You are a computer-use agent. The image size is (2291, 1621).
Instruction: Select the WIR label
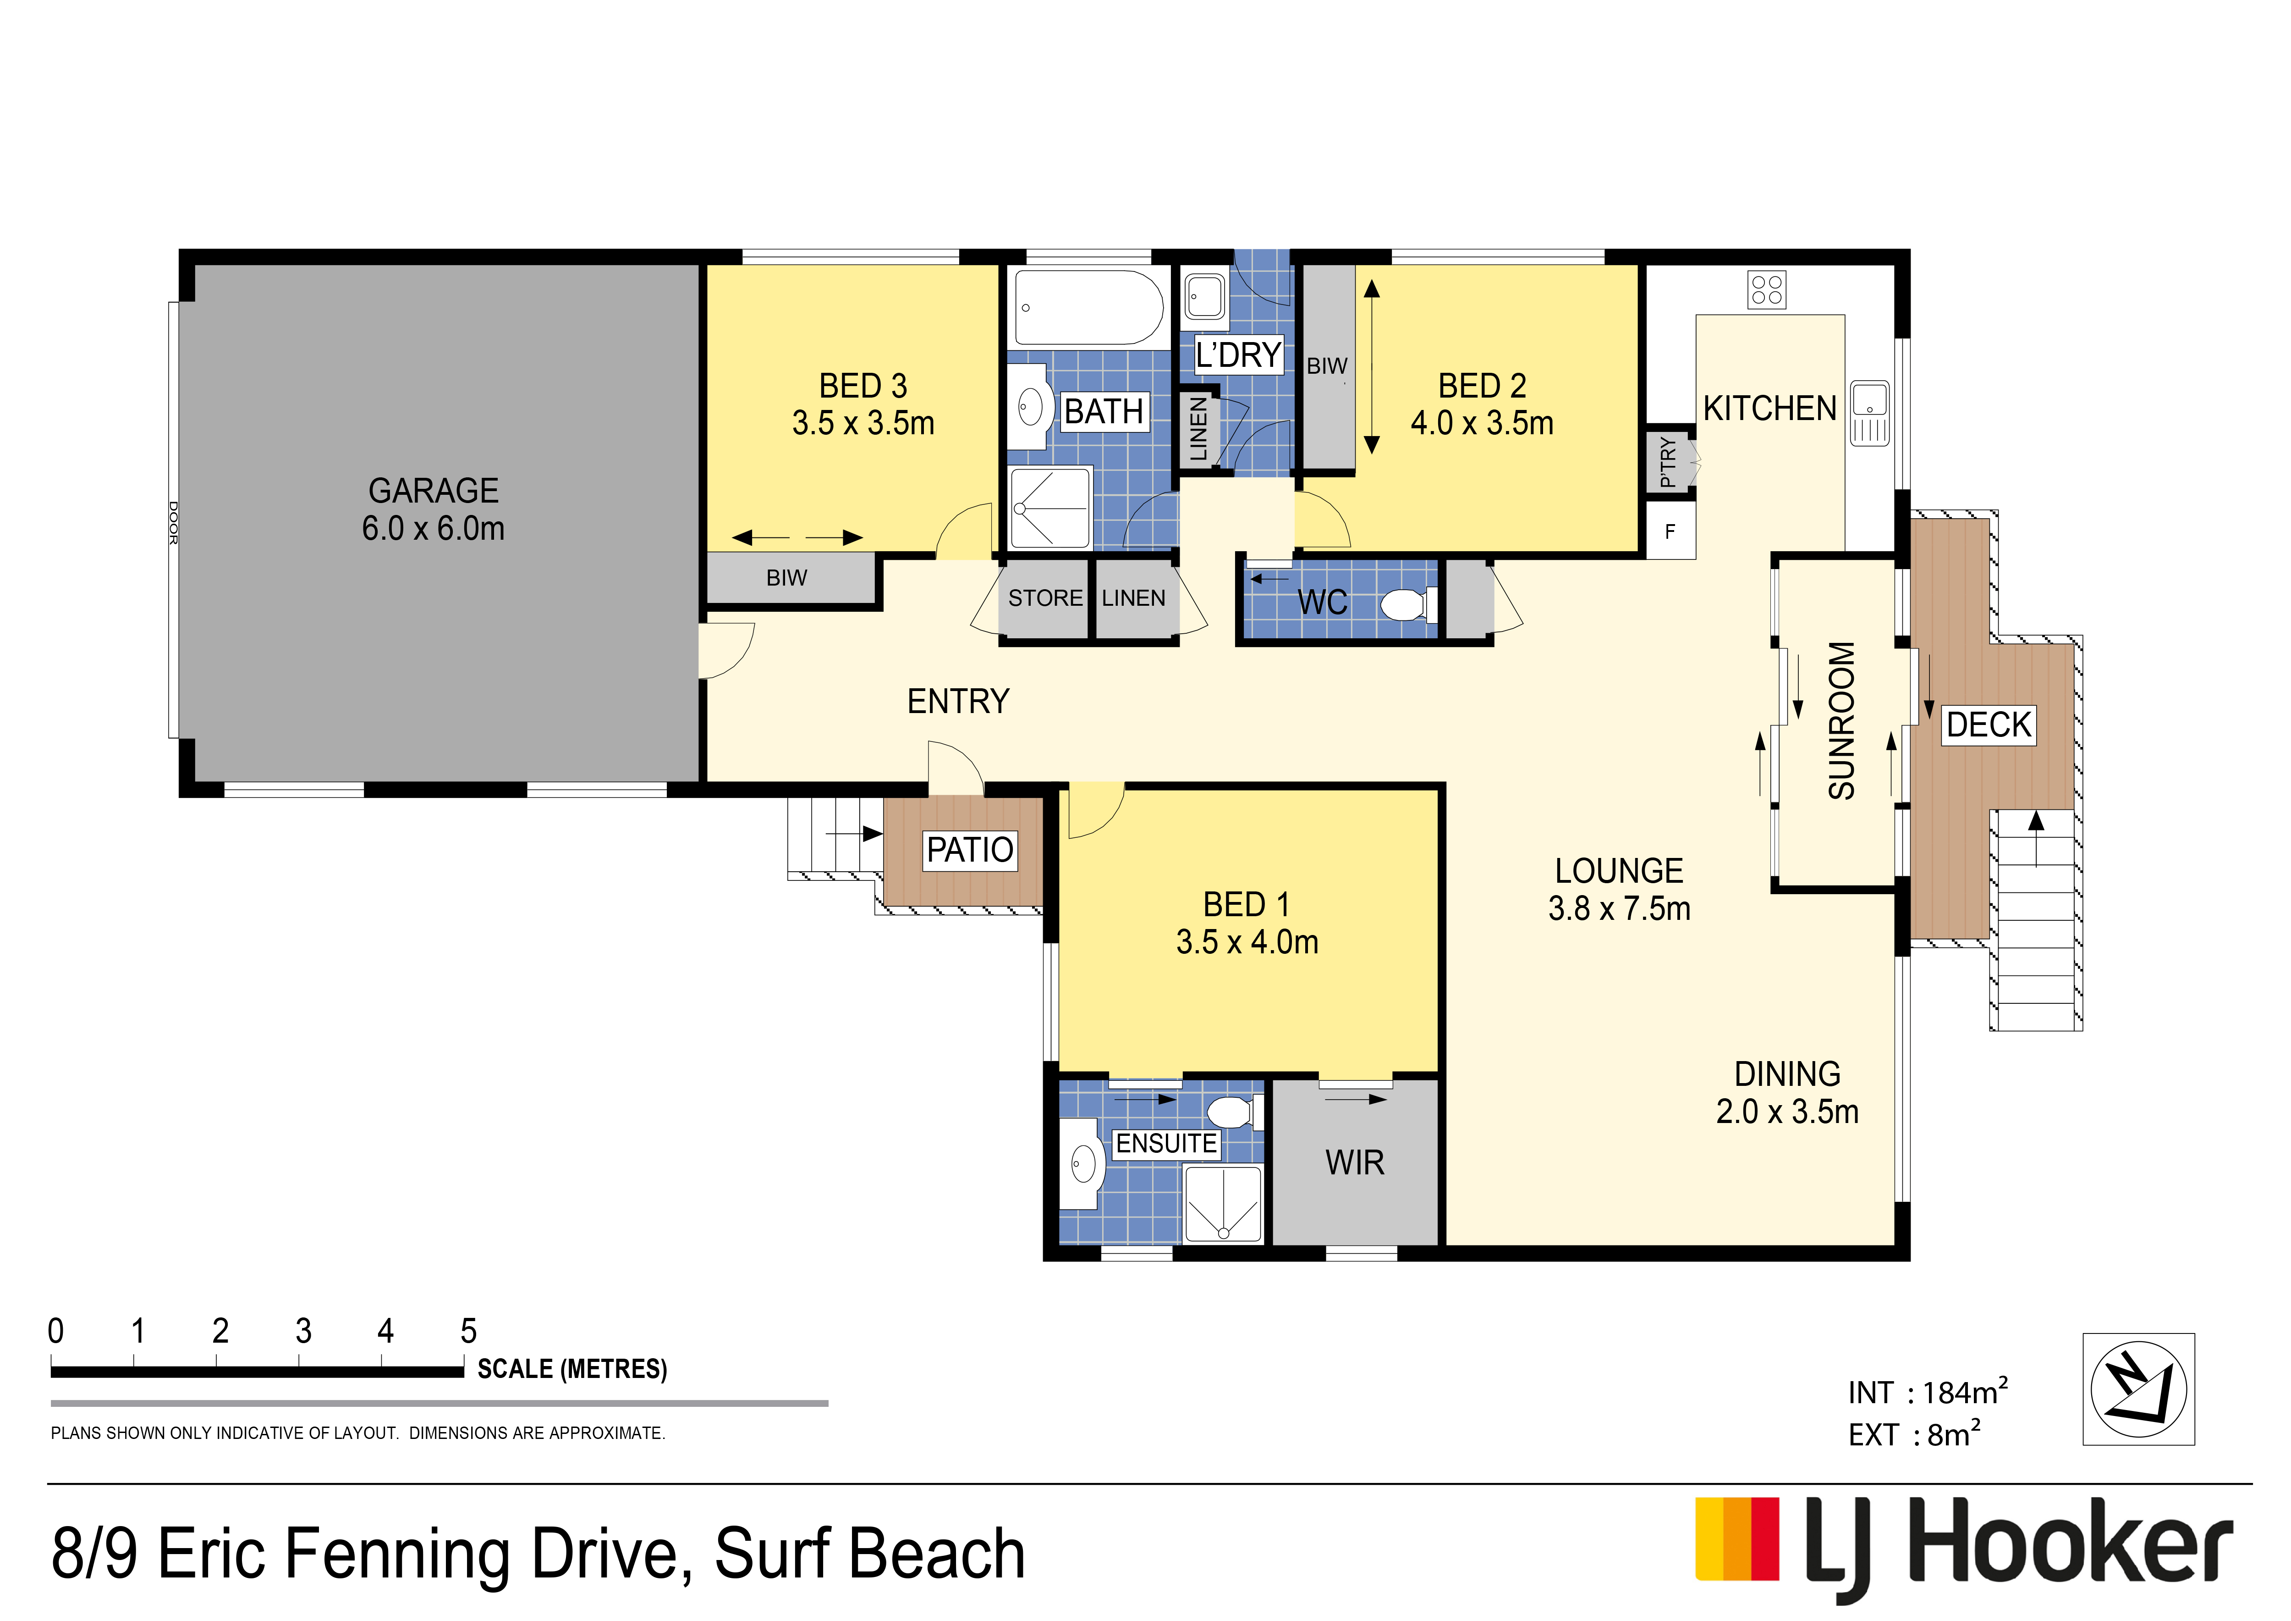[1354, 1163]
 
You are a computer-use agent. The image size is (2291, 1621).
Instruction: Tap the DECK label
[1988, 725]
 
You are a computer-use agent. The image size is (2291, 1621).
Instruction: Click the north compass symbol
[2138, 1389]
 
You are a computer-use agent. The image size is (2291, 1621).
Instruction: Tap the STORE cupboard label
[1045, 598]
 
